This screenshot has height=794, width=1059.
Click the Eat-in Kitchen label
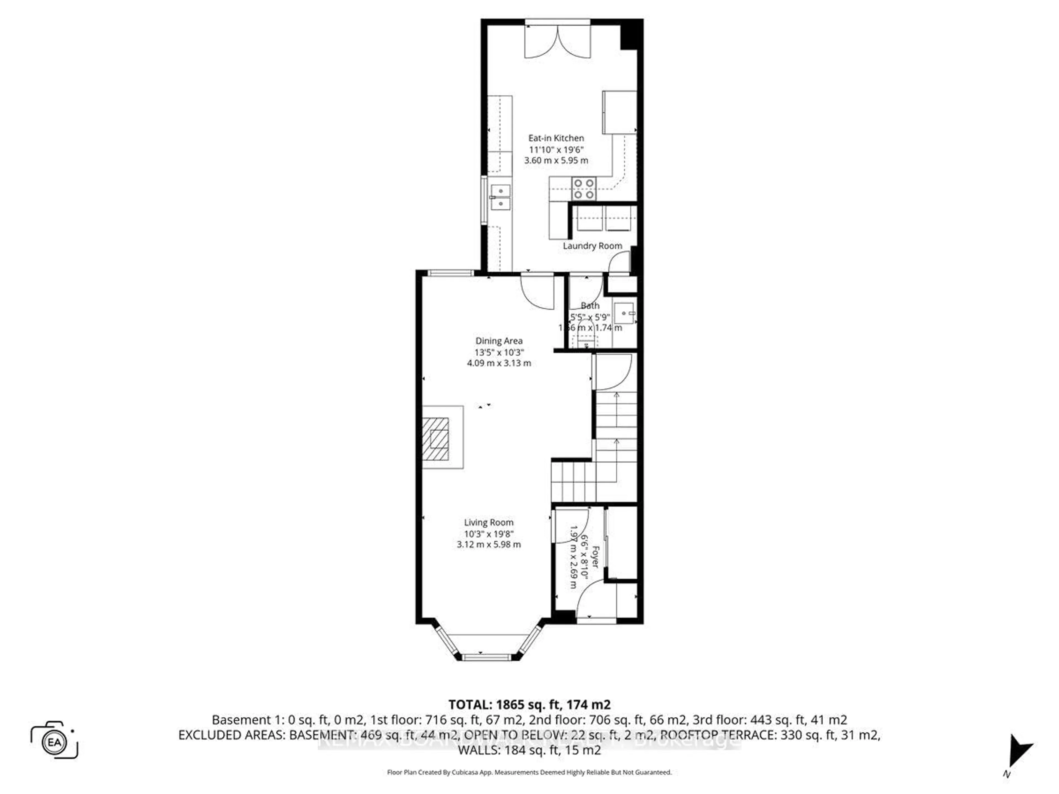tap(556, 138)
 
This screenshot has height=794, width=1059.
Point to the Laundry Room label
tap(592, 246)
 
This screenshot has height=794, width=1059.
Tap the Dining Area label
tap(499, 341)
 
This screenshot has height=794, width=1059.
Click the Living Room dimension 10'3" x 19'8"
tap(488, 534)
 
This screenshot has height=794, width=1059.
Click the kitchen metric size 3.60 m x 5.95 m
tap(556, 160)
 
